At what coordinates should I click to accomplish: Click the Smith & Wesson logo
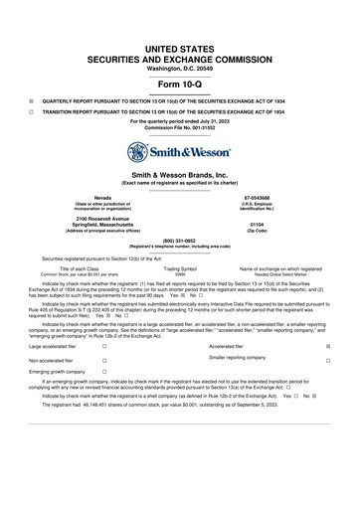(180, 153)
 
